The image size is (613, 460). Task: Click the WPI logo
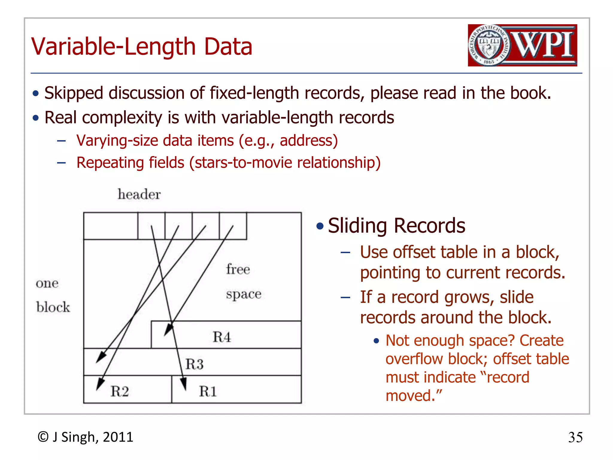pyautogui.click(x=522, y=45)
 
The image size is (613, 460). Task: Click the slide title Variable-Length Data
pyautogui.click(x=142, y=47)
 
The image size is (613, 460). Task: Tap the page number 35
pyautogui.click(x=575, y=438)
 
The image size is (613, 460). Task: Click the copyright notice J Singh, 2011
pyautogui.click(x=85, y=437)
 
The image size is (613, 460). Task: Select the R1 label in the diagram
pyautogui.click(x=208, y=391)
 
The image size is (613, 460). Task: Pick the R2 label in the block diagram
pyautogui.click(x=120, y=391)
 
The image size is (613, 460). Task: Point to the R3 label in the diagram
pyautogui.click(x=194, y=364)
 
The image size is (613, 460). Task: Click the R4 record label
pyautogui.click(x=222, y=337)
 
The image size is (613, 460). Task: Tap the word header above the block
pyautogui.click(x=139, y=194)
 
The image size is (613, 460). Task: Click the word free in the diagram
pyautogui.click(x=238, y=269)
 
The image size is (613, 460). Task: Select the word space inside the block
pyautogui.click(x=244, y=294)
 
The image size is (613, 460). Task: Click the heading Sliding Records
pyautogui.click(x=396, y=226)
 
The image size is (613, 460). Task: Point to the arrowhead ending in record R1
pyautogui.click(x=184, y=384)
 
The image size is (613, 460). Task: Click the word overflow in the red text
pyautogui.click(x=414, y=359)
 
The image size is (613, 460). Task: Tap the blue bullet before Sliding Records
pyautogui.click(x=320, y=226)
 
